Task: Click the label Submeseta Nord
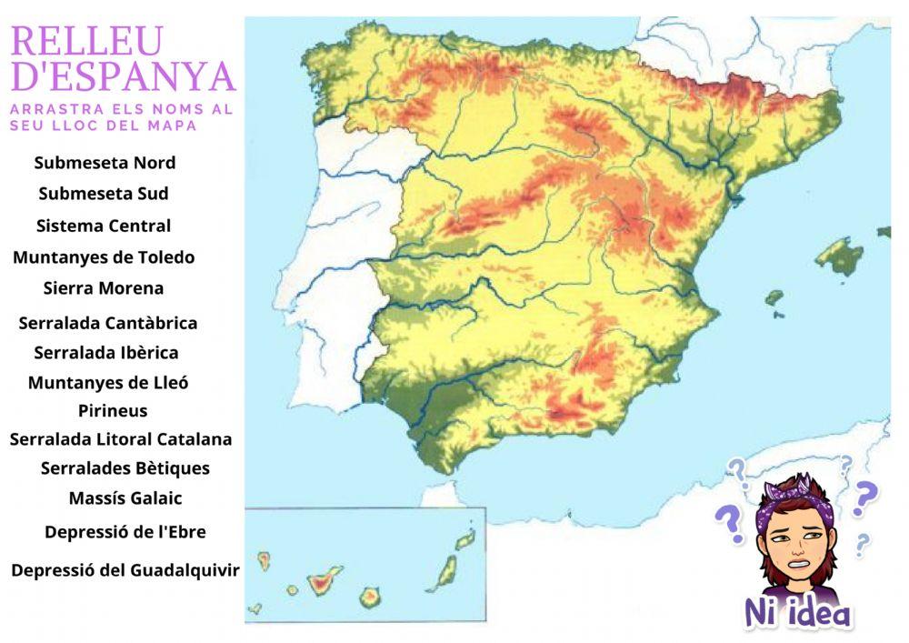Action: click(105, 164)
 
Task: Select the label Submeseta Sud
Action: click(104, 194)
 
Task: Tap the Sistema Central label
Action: click(104, 226)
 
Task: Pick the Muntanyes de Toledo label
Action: click(104, 257)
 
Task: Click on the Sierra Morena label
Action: click(104, 288)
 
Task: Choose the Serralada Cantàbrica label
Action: click(107, 323)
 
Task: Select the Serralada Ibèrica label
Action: click(106, 353)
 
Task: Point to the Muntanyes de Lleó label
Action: click(108, 383)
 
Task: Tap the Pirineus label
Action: click(113, 411)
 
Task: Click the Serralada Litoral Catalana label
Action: click(121, 439)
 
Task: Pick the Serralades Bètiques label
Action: click(125, 468)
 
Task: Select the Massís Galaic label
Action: click(125, 498)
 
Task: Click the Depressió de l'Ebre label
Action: click(125, 532)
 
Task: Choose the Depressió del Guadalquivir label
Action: click(125, 571)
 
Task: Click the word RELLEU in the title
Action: click(87, 42)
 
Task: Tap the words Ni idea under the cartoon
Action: click(798, 612)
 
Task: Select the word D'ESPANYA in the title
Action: click(123, 77)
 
